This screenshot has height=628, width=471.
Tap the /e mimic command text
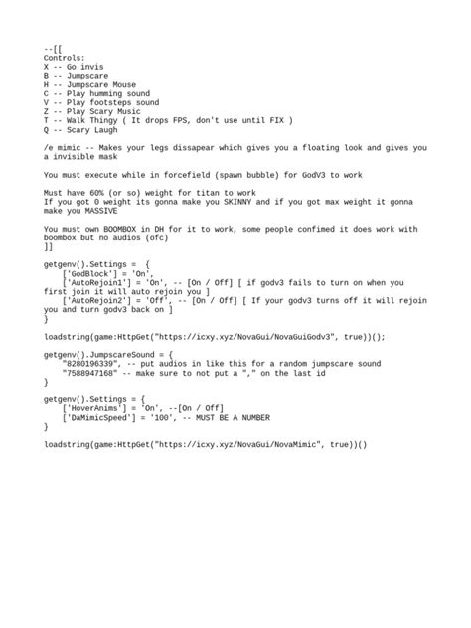tap(66, 147)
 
